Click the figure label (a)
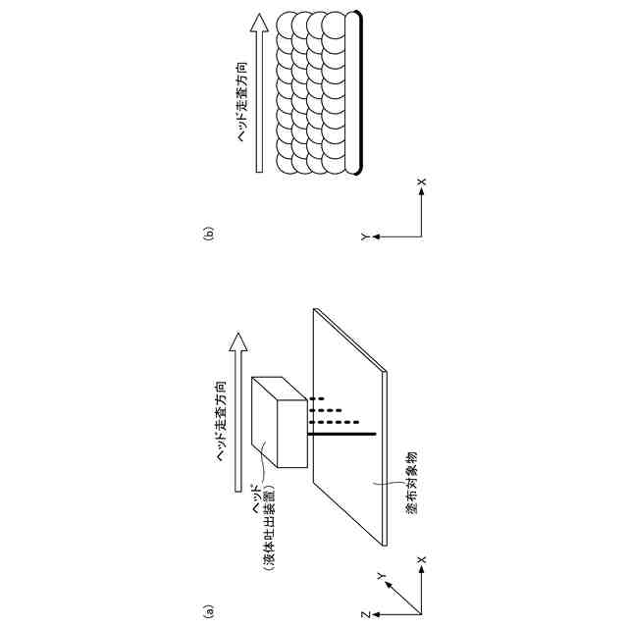point(208,610)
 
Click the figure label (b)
point(208,234)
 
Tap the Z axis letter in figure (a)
point(364,613)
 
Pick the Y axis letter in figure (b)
point(364,236)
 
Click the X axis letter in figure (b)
point(422,183)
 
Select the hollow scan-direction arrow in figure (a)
point(235,412)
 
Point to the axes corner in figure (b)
point(422,236)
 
